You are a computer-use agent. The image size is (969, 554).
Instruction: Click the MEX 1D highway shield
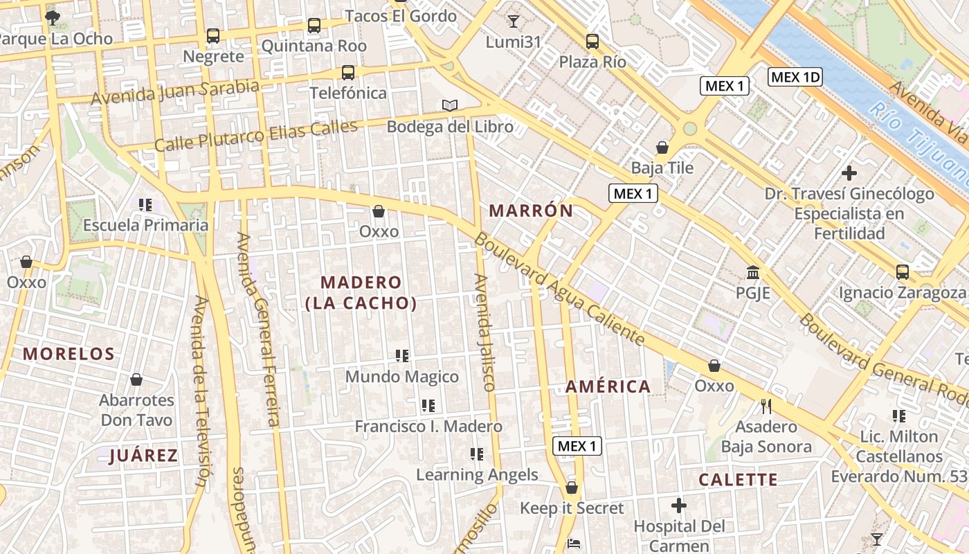coord(795,77)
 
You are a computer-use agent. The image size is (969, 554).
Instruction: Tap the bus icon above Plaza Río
coord(592,42)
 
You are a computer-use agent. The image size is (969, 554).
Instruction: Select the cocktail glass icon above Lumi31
coord(513,21)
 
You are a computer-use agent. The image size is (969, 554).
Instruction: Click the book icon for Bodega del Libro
coord(450,106)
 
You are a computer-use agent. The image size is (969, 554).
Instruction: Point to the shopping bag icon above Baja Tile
coord(662,147)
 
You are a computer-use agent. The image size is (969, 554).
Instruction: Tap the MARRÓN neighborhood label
coord(531,211)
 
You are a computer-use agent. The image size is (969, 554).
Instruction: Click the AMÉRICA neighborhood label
coord(608,386)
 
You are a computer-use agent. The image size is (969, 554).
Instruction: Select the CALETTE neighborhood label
coord(738,479)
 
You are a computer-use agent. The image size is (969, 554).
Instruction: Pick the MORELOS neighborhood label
coord(69,354)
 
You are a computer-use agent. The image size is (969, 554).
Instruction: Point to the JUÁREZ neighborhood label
coord(144,455)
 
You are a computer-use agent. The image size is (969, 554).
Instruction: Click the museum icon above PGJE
coord(753,272)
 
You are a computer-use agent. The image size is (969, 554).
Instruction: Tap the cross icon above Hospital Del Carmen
coord(679,506)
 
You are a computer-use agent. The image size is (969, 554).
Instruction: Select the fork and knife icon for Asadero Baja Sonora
coord(766,406)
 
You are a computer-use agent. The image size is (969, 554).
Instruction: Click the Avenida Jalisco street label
coord(485,332)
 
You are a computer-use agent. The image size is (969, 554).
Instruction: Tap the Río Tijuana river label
coord(920,142)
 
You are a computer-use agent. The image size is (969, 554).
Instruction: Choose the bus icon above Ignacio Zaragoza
coord(903,272)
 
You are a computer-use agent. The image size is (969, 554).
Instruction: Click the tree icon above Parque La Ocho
coord(52,17)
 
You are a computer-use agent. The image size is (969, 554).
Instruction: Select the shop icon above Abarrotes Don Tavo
coord(136,379)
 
